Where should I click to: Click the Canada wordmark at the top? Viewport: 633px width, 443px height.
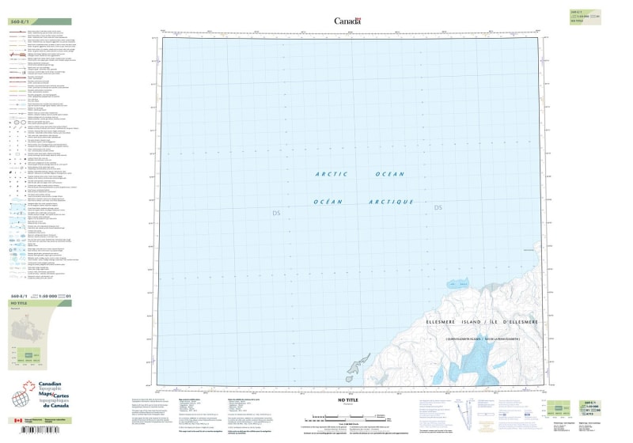347,21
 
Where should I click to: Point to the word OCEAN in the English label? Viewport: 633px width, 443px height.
389,174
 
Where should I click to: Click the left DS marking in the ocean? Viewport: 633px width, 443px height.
276,214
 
